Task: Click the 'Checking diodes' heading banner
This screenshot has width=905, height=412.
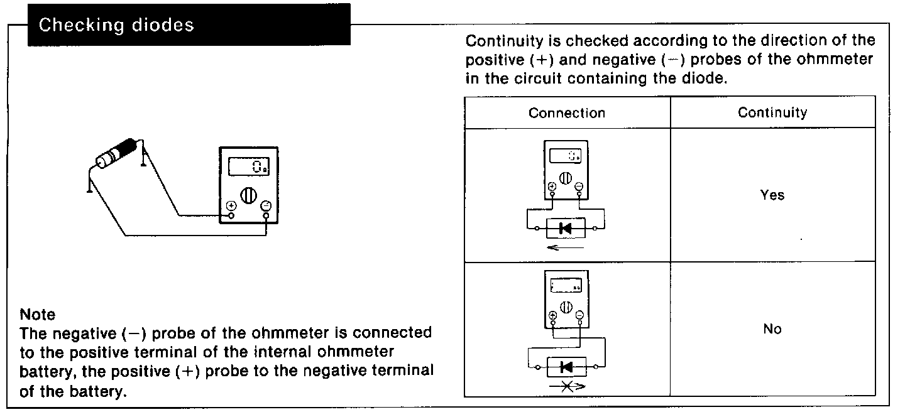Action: tap(189, 26)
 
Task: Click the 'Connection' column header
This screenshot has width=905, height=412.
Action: tap(567, 113)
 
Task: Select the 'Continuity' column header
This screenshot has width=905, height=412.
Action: tap(772, 112)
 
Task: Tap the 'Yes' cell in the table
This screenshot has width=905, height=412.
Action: tap(772, 195)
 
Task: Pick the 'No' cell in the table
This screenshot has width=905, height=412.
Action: tap(772, 329)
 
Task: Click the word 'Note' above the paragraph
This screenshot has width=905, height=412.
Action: tap(38, 314)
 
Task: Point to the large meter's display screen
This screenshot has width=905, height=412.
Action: tap(249, 166)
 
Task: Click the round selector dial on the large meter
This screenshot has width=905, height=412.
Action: tap(249, 194)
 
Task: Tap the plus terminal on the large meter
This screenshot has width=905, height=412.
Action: tap(231, 206)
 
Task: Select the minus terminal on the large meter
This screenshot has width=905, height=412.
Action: tap(266, 206)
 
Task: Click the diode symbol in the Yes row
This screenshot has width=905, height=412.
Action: tap(565, 229)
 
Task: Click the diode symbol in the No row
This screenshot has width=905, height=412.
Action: tap(565, 366)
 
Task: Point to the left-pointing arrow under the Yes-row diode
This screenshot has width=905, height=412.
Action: tap(565, 248)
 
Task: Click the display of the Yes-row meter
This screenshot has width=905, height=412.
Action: tap(566, 156)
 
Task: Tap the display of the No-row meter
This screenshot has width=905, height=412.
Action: tap(566, 286)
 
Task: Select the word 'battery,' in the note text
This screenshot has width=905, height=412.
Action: tap(44, 371)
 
